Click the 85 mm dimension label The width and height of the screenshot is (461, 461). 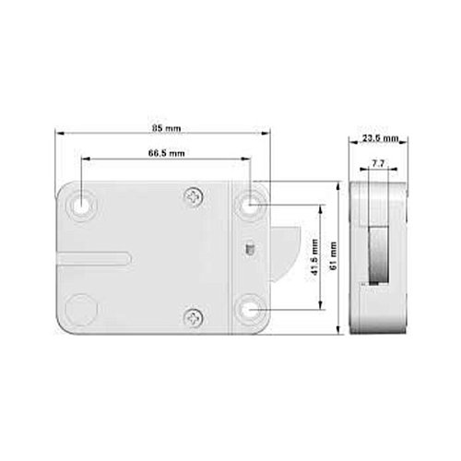tap(167, 128)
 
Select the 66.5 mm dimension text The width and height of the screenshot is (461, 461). tap(167, 153)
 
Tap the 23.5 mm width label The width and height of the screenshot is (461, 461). tap(380, 138)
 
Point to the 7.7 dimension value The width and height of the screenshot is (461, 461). tap(378, 163)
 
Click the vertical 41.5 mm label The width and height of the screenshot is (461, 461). tap(314, 256)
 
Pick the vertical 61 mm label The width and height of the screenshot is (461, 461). tap(333, 255)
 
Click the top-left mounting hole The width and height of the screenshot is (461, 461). tap(81, 204)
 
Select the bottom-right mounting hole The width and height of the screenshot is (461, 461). tap(248, 310)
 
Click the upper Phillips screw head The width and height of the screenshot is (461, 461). tap(194, 196)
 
